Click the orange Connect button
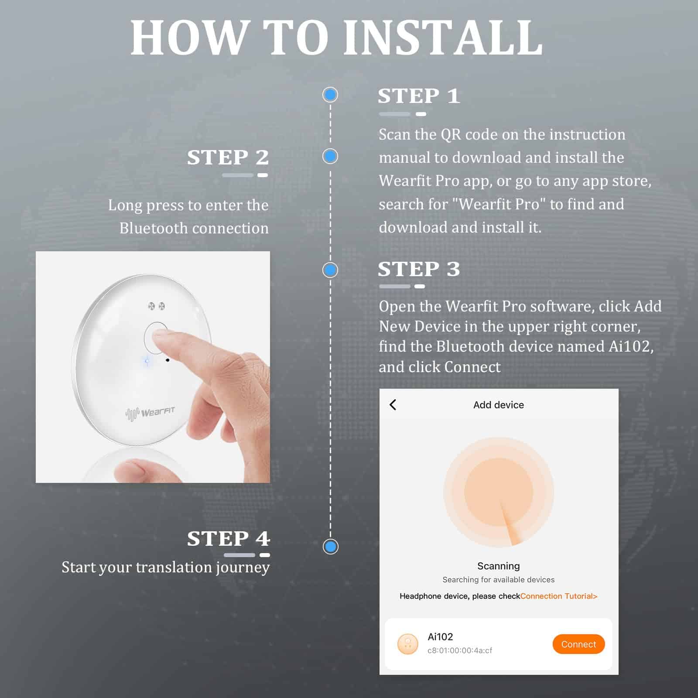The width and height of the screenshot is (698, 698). [x=578, y=644]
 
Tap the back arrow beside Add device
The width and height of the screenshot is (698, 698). [x=393, y=405]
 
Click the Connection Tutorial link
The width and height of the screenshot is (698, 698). [x=559, y=596]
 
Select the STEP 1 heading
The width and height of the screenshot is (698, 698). [x=419, y=96]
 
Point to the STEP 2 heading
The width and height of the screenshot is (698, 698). [x=228, y=157]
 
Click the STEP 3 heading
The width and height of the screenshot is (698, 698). [x=419, y=269]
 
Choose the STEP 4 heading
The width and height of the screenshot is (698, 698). [x=229, y=538]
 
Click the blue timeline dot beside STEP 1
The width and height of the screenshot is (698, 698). [x=330, y=95]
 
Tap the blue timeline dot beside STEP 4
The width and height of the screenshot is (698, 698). [x=331, y=546]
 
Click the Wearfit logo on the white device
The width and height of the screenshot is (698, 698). [x=150, y=413]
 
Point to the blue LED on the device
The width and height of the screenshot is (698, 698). [x=147, y=361]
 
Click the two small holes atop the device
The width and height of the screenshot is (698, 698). [x=156, y=306]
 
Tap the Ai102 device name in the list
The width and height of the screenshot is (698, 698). [x=440, y=636]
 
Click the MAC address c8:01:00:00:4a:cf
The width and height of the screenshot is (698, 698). [x=460, y=650]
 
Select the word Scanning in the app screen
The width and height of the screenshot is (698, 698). [x=498, y=566]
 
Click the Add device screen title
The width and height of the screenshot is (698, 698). [x=499, y=405]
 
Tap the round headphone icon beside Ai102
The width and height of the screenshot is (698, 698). [x=408, y=644]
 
